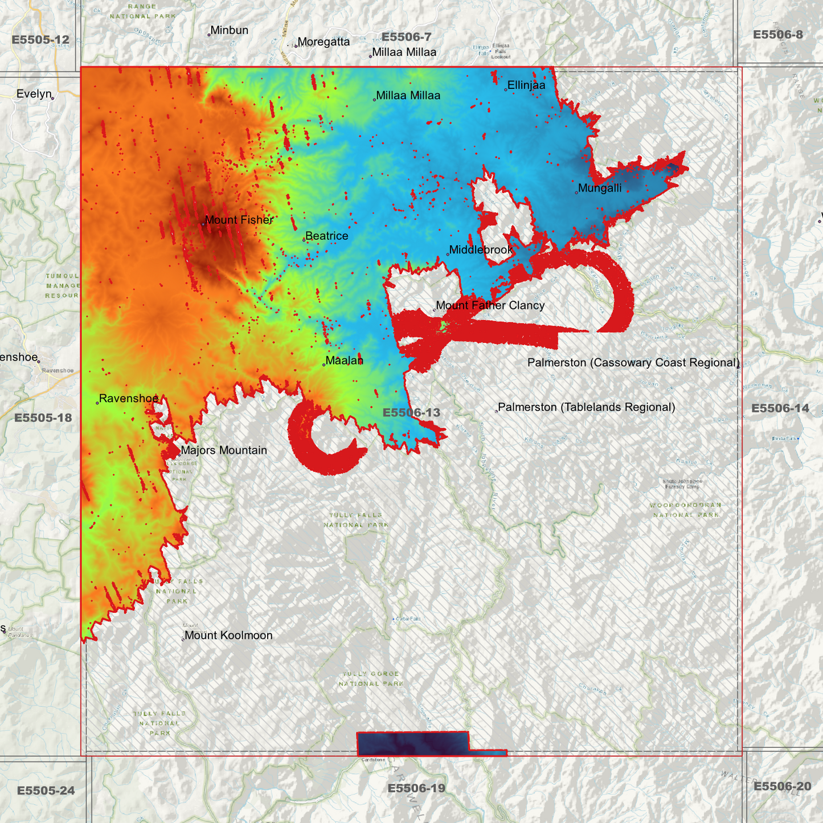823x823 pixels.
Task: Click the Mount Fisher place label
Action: click(239, 220)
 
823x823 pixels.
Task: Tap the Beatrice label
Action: click(326, 236)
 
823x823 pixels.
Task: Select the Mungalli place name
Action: click(599, 188)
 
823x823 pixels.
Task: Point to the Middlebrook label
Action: click(481, 249)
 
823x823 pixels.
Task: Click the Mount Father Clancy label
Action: click(490, 305)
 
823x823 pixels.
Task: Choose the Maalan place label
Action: click(344, 361)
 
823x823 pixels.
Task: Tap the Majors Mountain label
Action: click(223, 450)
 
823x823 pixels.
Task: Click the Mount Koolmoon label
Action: click(228, 635)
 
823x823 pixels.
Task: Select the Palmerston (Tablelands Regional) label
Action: click(586, 407)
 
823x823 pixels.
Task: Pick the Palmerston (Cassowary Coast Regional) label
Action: click(633, 362)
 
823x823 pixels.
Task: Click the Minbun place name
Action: click(229, 30)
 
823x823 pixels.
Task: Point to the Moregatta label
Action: click(324, 42)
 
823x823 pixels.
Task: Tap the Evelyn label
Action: click(34, 94)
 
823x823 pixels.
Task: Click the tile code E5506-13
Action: click(411, 412)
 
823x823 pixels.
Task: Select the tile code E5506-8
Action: click(777, 35)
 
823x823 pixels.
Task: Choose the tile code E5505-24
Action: click(46, 791)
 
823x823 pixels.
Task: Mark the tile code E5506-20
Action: click(782, 787)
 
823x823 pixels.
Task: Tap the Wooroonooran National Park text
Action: click(686, 510)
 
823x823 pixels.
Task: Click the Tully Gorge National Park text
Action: click(371, 678)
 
